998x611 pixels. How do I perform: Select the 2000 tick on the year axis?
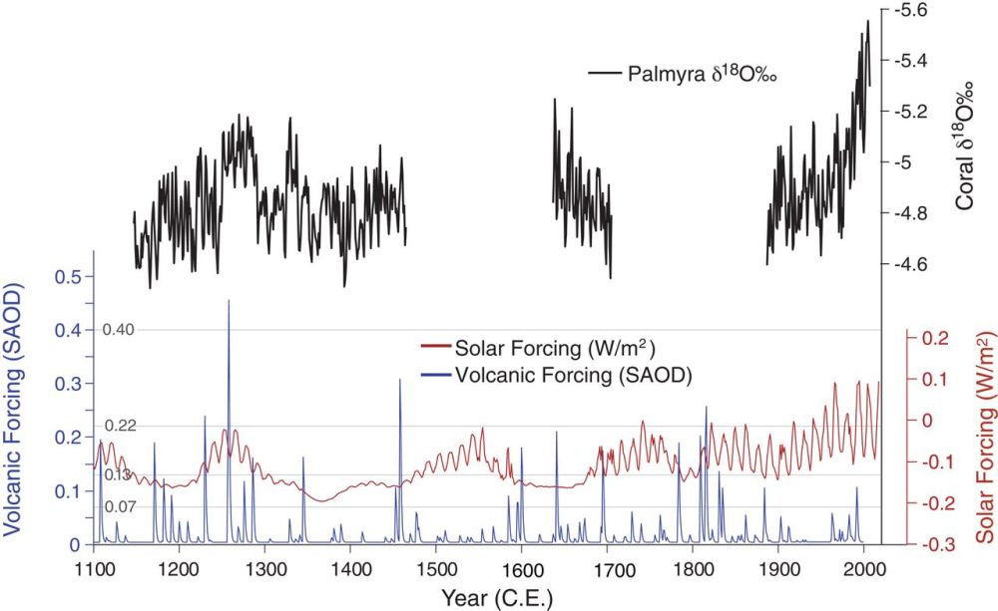click(x=863, y=568)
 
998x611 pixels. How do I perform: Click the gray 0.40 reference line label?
click(x=118, y=330)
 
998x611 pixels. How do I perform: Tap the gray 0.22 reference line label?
click(x=120, y=426)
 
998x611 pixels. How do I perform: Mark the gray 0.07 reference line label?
click(x=120, y=508)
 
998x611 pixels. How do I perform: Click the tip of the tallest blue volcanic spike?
click(x=229, y=300)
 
